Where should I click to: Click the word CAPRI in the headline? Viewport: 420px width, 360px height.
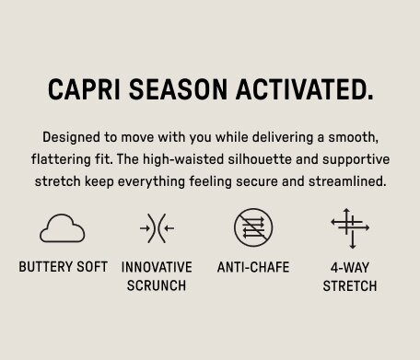[84, 89]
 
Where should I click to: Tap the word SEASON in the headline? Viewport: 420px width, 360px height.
[178, 89]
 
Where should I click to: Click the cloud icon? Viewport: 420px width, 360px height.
[63, 228]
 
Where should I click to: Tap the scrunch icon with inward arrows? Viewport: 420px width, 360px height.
[157, 228]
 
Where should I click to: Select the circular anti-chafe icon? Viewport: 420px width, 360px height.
[253, 227]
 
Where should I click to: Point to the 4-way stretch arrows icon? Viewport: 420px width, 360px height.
[350, 228]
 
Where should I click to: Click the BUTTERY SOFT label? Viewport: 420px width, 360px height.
[64, 267]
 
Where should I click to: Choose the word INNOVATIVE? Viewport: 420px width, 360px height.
[157, 267]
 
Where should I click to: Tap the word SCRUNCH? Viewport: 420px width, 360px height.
[157, 285]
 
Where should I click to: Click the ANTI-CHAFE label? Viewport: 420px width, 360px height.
[253, 267]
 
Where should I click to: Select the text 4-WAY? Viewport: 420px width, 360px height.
[350, 268]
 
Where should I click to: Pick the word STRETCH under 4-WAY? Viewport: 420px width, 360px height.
[350, 286]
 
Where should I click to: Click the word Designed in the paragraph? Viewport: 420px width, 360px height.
[71, 137]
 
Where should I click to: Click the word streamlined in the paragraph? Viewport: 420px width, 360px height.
[347, 181]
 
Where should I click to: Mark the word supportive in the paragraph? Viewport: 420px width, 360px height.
[356, 160]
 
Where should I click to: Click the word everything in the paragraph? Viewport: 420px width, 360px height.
[151, 181]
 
